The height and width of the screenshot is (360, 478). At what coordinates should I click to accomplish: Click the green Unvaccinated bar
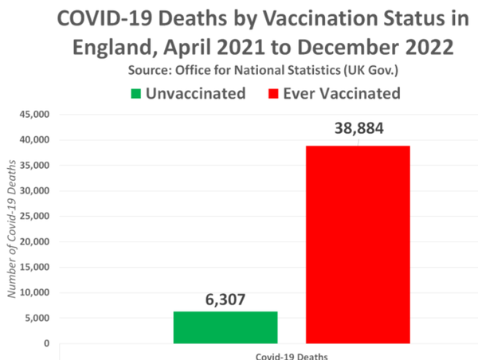point(225,327)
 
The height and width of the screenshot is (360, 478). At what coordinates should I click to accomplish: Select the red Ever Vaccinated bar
point(358,245)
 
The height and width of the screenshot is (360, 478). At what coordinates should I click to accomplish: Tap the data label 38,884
point(358,130)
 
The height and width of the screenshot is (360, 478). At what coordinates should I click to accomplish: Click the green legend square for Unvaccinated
point(137,93)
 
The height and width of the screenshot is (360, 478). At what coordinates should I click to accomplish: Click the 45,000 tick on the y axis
point(34,115)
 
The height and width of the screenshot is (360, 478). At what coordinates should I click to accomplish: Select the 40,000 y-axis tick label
point(34,140)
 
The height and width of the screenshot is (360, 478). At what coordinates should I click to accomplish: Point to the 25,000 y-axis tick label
point(34,217)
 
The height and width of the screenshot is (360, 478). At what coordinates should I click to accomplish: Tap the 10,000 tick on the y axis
point(34,293)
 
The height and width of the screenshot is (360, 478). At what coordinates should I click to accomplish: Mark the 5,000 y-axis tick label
point(37,319)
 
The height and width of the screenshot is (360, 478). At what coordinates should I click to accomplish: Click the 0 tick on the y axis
point(46,344)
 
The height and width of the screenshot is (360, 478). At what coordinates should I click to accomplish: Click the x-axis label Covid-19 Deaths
point(291,355)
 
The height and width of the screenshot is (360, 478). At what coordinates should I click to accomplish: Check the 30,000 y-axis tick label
point(34,191)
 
